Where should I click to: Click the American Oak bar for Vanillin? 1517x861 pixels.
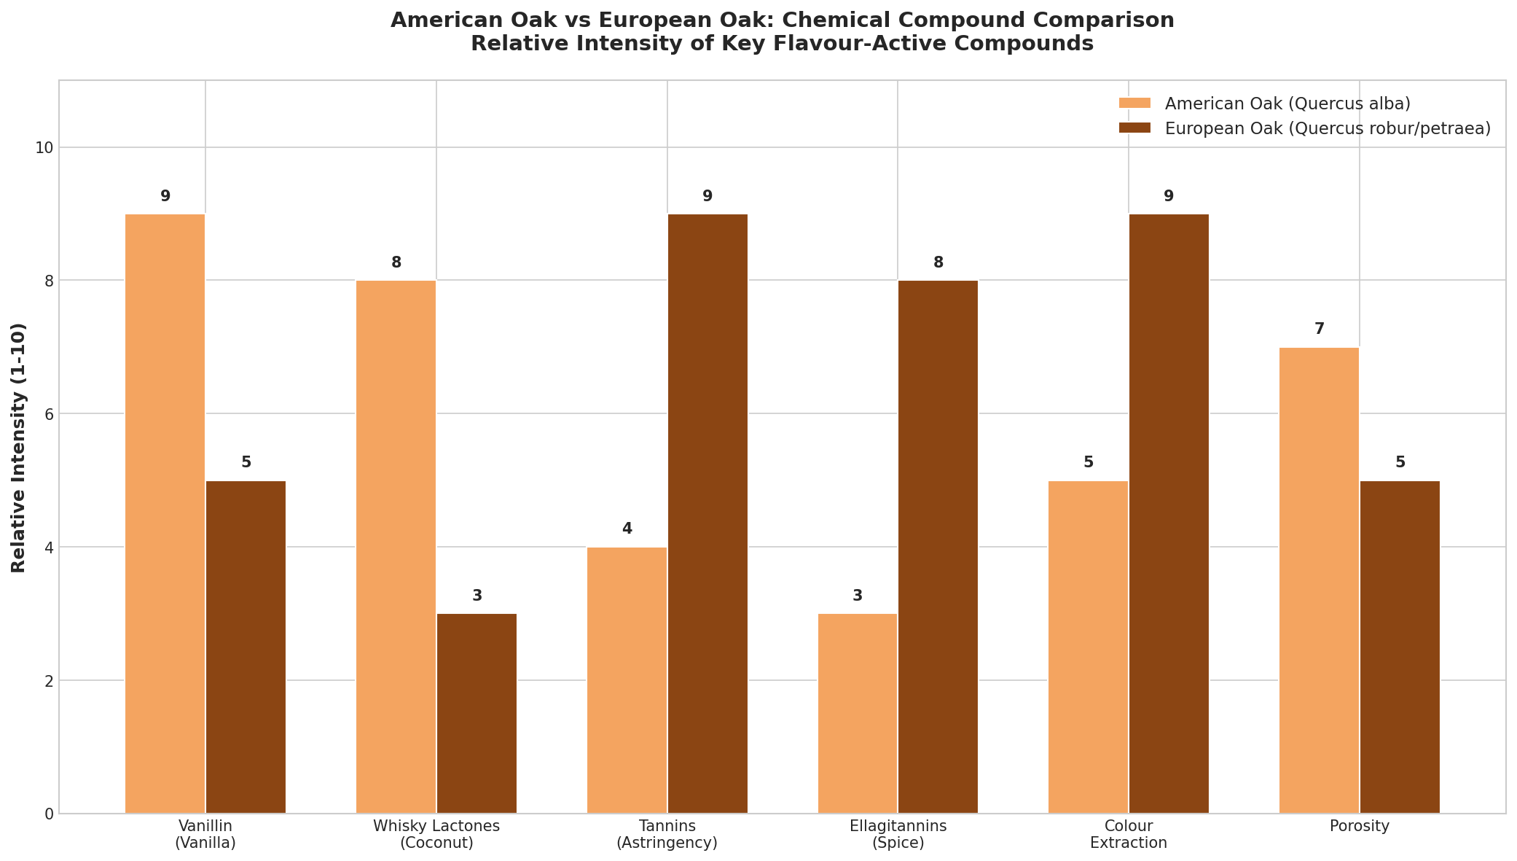(165, 513)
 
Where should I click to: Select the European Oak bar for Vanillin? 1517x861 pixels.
(246, 647)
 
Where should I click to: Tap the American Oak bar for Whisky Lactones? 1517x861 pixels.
(396, 547)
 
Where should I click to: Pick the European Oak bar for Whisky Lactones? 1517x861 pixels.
(477, 713)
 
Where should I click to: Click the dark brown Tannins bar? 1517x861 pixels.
(707, 513)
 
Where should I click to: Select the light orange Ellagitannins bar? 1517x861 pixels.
(858, 713)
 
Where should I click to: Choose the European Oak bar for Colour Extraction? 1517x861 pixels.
(1169, 513)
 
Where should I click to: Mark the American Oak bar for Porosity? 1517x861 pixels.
(1320, 580)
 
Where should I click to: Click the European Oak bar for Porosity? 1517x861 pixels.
(1400, 647)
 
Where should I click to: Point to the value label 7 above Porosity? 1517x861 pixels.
(1320, 330)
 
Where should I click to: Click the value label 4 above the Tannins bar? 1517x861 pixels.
(627, 529)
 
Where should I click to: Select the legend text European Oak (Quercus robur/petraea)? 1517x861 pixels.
(1328, 129)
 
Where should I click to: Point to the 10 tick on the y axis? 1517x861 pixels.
(44, 148)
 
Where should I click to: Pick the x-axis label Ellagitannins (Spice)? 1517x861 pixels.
(898, 835)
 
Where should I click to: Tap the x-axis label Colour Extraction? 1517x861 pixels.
(1129, 835)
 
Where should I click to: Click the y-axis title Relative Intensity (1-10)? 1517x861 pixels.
(19, 448)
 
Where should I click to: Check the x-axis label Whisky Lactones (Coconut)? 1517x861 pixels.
(436, 835)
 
